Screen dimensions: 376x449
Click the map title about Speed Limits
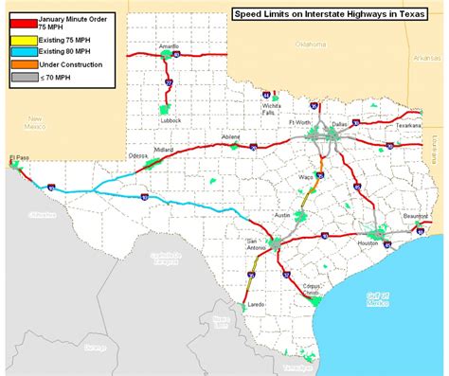tap(330, 14)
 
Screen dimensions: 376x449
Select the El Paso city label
tap(19, 157)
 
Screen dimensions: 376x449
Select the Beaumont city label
tap(414, 217)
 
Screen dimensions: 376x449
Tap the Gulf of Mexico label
tap(377, 299)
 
